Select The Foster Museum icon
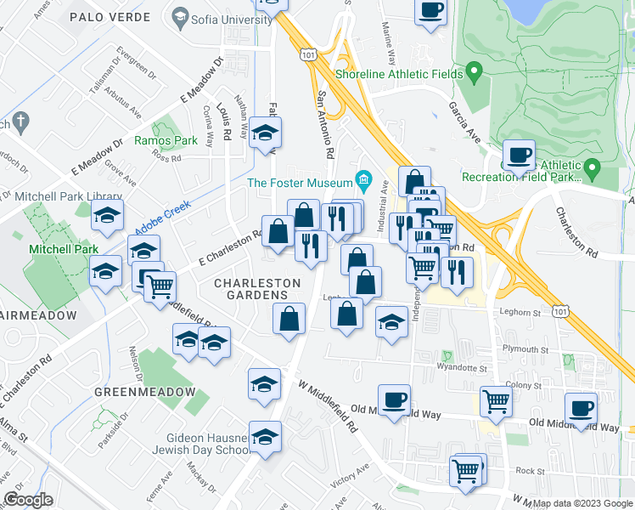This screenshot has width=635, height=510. tap(364, 179)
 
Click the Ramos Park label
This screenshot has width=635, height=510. tap(166, 140)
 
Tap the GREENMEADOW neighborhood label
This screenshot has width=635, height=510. tap(139, 393)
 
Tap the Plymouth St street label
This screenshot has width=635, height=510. tap(525, 349)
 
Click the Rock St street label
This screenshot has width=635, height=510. tap(528, 470)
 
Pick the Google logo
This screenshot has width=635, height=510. tap(29, 500)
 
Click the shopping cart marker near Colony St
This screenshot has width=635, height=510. tap(495, 401)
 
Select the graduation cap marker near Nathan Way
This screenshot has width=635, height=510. tap(265, 133)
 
